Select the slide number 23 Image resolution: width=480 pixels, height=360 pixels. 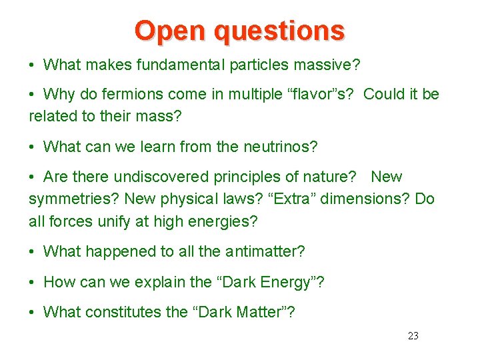click(x=413, y=336)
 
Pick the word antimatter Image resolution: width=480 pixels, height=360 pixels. click(x=264, y=251)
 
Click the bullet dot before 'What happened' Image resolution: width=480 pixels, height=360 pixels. click(x=33, y=252)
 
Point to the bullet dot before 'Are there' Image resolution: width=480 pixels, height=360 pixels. click(x=33, y=177)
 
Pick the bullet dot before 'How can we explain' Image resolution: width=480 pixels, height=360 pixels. click(x=33, y=283)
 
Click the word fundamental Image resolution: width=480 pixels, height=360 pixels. click(x=175, y=65)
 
